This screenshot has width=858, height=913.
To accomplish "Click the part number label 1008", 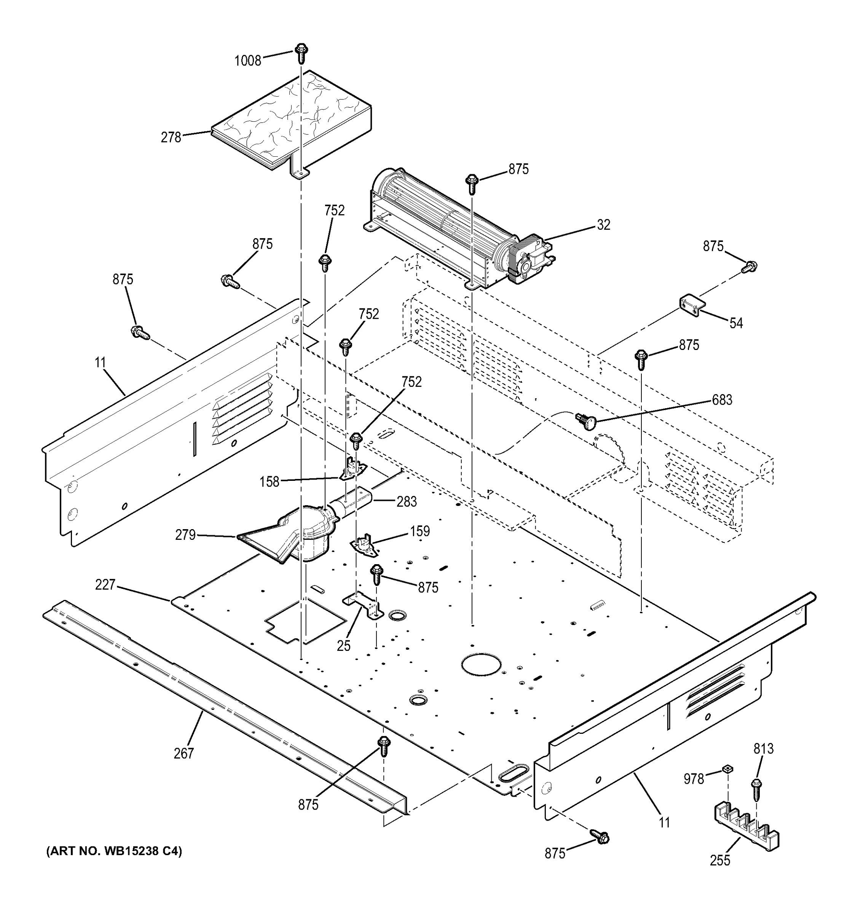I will pos(248,60).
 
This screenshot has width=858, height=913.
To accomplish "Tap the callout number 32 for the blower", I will pos(603,225).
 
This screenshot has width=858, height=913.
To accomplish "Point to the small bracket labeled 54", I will pos(692,305).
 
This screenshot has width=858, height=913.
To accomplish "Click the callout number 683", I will pos(722,400).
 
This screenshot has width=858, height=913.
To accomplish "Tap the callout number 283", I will pos(407,501).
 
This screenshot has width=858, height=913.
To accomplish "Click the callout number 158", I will pos(269,482).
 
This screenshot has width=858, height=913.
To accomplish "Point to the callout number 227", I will pos(105,585).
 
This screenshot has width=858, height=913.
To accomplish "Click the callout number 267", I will pos(183,753).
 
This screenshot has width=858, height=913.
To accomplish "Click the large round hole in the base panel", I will pos(481,665).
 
